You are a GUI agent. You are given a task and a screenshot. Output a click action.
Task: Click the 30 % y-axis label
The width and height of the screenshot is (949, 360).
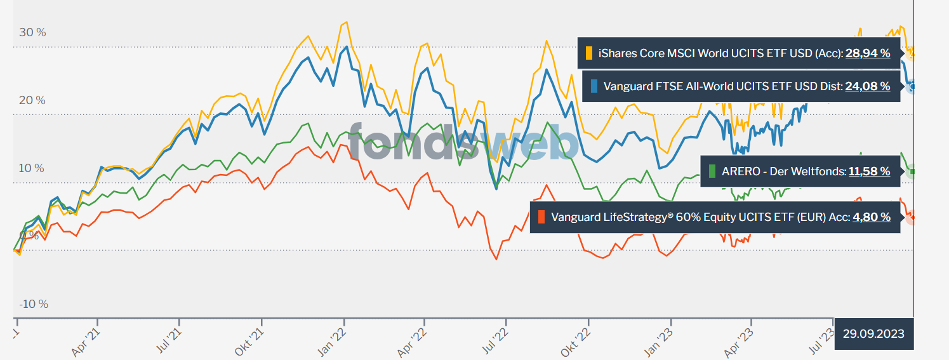(32, 32)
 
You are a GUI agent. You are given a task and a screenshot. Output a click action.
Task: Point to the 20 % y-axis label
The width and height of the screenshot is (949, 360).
(32, 100)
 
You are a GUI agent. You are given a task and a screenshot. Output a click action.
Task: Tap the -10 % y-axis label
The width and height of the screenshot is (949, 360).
(33, 304)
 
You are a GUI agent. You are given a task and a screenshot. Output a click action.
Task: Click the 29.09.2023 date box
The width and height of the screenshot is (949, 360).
(873, 333)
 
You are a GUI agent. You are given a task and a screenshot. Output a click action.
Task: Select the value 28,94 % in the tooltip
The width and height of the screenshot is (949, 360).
(867, 53)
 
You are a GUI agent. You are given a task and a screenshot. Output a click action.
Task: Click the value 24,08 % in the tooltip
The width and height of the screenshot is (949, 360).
(867, 86)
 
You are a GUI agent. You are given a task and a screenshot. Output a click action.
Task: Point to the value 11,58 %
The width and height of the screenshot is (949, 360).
(869, 171)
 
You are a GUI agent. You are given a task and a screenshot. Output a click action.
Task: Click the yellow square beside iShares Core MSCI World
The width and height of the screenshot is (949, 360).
(589, 53)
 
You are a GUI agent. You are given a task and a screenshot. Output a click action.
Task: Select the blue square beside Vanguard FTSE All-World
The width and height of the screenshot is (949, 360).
(594, 86)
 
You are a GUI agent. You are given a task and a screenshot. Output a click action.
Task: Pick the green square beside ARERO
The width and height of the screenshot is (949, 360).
(712, 171)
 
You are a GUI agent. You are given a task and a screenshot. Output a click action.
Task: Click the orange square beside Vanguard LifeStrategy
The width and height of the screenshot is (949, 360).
(541, 217)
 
